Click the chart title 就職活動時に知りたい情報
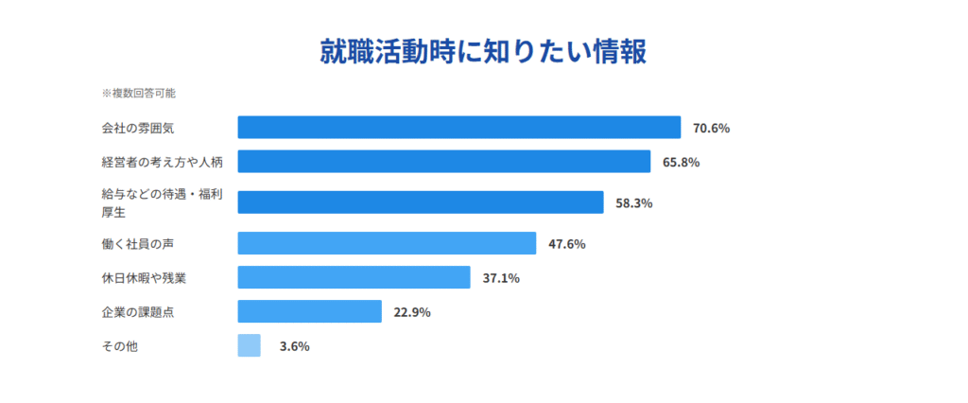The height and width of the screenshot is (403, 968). tap(483, 52)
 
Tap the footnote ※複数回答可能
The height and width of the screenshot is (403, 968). tap(138, 94)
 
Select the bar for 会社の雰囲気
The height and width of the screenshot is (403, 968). tap(458, 128)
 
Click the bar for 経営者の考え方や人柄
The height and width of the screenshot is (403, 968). tap(443, 162)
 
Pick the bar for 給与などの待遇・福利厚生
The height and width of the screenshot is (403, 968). tap(420, 202)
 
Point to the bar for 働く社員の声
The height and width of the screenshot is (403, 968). tap(387, 244)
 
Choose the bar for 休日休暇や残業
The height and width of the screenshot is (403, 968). tap(354, 277)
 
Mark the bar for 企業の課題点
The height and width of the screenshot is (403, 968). tap(309, 311)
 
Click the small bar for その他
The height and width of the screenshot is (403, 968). tap(249, 345)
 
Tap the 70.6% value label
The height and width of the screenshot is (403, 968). tap(711, 128)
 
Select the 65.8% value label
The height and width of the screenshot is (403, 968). tap(681, 162)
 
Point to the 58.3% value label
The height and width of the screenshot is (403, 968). tap(634, 202)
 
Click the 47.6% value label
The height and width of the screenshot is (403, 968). tap(567, 244)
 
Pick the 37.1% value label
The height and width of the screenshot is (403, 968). tap(501, 278)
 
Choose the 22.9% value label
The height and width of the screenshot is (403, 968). tap(412, 312)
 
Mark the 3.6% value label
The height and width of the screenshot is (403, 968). tap(294, 346)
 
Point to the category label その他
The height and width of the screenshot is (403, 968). tap(119, 346)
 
